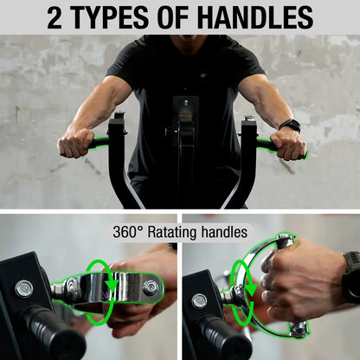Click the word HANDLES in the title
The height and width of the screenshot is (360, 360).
255,17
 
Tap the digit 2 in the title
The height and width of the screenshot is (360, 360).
55,17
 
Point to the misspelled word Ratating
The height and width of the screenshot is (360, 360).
172,232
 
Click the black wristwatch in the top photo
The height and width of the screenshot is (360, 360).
290,125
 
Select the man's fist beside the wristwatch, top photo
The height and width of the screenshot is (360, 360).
287,145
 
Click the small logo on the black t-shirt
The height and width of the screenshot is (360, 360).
203,76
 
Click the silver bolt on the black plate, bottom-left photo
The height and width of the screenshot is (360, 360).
23,289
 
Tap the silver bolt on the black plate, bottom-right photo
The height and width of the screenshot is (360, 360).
199,301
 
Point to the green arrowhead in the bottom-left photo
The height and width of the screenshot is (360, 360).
111,285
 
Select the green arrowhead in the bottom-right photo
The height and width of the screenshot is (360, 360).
252,290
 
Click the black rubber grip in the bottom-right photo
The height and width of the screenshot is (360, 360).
228,337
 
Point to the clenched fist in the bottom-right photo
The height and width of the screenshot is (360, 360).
300,280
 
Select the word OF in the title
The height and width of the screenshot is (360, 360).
172,17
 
